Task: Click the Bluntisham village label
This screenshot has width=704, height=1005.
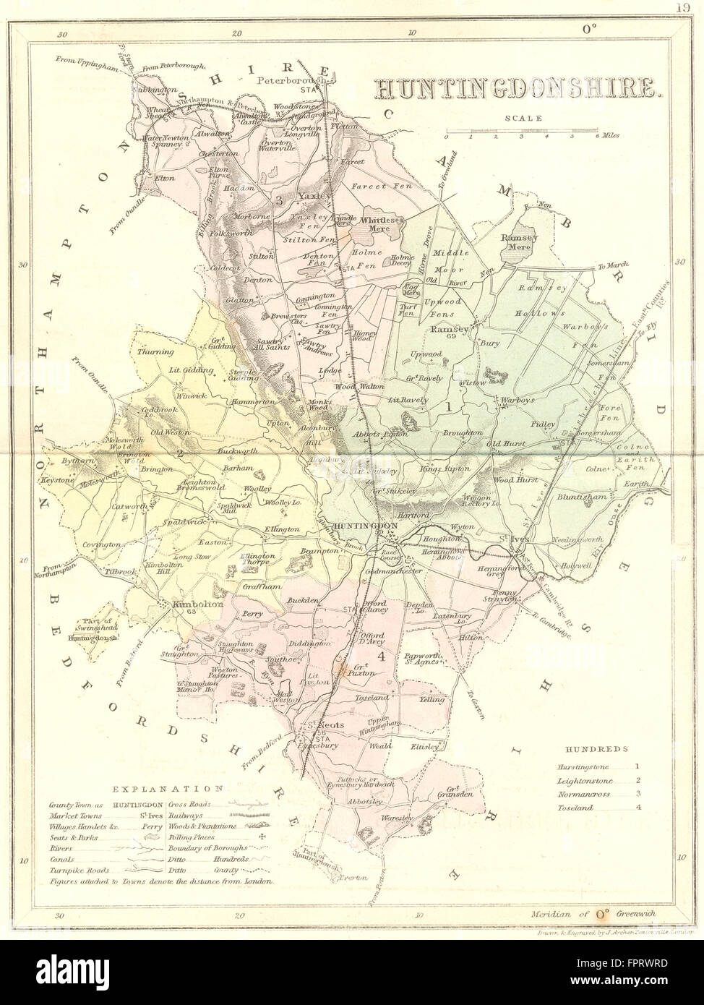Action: tap(583, 497)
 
